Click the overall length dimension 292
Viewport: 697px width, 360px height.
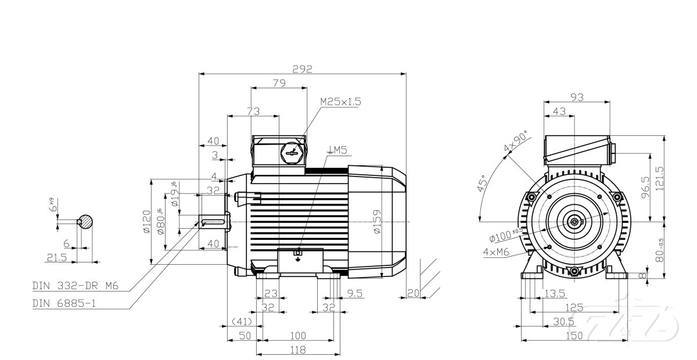(x=302, y=69)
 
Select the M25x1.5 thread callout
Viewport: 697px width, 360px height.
(x=340, y=102)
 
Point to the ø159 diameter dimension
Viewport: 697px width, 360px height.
(x=376, y=222)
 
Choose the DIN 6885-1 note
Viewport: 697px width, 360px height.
(x=64, y=303)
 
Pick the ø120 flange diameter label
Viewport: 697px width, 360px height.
(x=146, y=222)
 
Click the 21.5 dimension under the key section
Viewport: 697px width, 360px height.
(x=56, y=257)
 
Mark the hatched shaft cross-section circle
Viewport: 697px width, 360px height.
(x=86, y=221)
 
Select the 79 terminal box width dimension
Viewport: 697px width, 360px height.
(x=279, y=84)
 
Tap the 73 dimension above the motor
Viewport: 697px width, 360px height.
(x=253, y=111)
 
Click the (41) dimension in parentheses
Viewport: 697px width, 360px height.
(x=241, y=322)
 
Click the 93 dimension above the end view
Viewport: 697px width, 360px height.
(x=577, y=98)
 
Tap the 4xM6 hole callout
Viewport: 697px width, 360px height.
(x=496, y=253)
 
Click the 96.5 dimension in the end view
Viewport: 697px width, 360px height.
(x=645, y=187)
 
